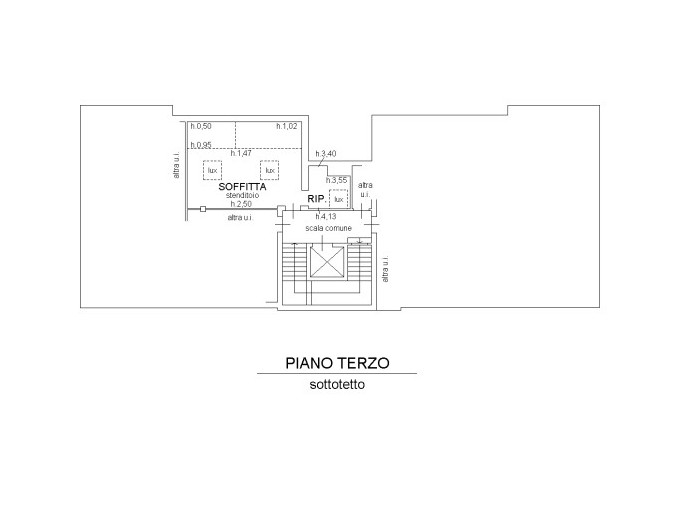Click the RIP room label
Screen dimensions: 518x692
[315, 198]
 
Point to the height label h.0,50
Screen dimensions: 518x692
[201, 127]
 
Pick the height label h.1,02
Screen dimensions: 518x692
[288, 127]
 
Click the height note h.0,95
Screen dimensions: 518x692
[201, 146]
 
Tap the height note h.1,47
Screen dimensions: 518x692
[241, 154]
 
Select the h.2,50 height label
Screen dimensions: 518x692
[241, 205]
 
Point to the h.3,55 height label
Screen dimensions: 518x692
[336, 180]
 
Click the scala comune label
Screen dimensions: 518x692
[328, 229]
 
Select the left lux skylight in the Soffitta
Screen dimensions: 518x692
[212, 169]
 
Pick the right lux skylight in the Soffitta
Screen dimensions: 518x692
[269, 169]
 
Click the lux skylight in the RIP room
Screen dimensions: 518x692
[338, 198]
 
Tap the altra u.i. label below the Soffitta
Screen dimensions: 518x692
[240, 218]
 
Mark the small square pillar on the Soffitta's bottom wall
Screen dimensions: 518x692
[202, 210]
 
